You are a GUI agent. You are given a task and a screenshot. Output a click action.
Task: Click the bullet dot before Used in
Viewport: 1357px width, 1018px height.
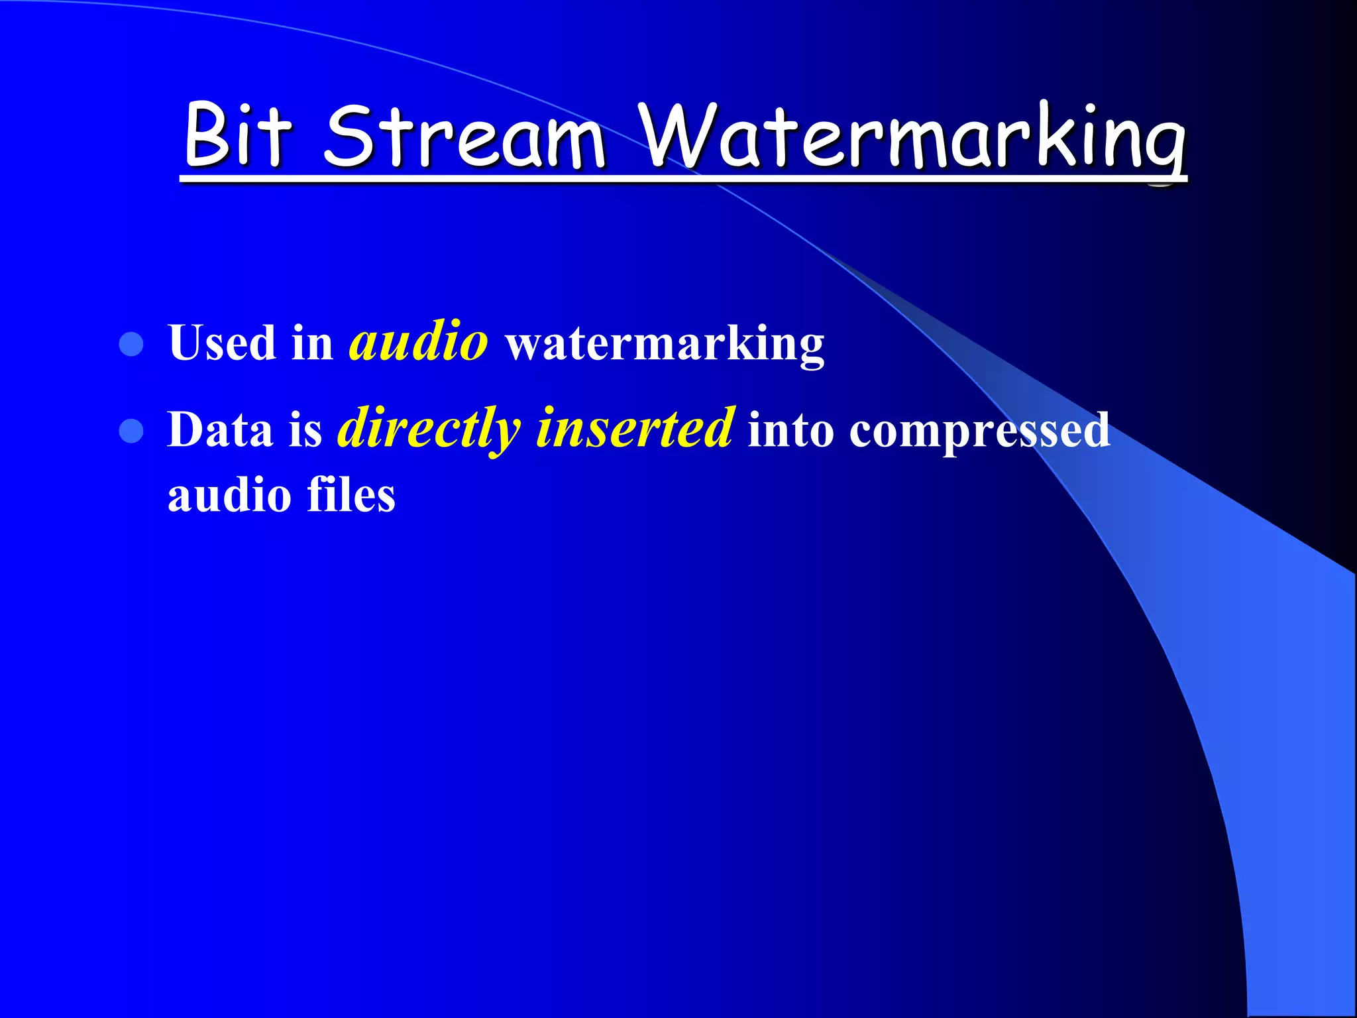click(131, 344)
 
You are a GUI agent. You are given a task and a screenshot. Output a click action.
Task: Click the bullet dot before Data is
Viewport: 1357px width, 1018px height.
click(131, 431)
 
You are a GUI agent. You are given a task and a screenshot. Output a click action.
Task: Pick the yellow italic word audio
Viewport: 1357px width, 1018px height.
click(419, 343)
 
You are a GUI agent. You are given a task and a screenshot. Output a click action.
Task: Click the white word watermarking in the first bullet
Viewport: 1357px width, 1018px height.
click(665, 345)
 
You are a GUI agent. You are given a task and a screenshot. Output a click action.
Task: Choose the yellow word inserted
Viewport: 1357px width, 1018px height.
click(635, 429)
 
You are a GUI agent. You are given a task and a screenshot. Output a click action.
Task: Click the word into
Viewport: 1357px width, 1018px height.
click(790, 430)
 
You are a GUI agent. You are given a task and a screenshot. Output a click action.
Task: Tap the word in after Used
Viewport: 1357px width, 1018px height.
click(312, 344)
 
